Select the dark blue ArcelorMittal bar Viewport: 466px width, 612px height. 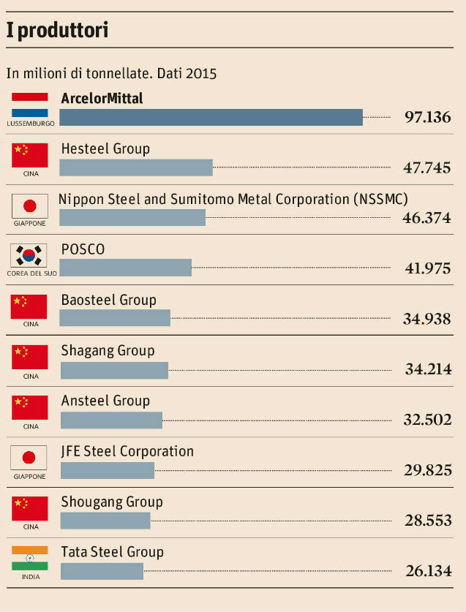click(211, 117)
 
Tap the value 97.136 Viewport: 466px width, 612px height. click(428, 117)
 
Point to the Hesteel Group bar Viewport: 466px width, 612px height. click(135, 167)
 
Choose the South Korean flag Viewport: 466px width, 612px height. click(30, 255)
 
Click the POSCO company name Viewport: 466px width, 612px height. click(83, 249)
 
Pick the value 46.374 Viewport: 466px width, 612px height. click(426, 217)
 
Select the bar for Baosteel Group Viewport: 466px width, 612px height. click(115, 318)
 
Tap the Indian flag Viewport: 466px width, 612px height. click(30, 558)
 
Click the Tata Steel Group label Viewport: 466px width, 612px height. click(112, 552)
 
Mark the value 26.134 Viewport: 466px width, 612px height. click(428, 571)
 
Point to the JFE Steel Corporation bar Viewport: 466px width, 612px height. click(108, 470)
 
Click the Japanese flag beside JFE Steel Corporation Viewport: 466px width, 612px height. click(30, 458)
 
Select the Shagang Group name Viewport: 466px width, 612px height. click(108, 350)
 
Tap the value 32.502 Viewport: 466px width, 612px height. click(428, 420)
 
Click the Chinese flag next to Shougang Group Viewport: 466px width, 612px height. click(30, 508)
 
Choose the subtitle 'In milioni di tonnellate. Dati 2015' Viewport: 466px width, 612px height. click(111, 73)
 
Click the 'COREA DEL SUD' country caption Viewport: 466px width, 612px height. click(30, 273)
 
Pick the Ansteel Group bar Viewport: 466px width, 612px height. click(111, 420)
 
